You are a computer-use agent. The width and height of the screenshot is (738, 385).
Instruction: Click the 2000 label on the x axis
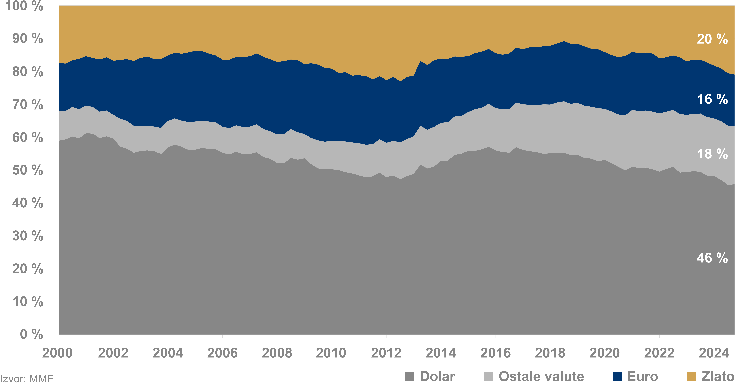click(57, 353)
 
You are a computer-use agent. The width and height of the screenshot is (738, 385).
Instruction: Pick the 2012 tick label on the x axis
click(386, 353)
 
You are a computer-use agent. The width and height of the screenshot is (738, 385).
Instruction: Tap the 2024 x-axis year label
click(714, 353)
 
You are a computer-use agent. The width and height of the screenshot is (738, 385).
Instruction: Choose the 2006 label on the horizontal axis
click(222, 353)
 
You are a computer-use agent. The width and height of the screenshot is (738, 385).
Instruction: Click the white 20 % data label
click(712, 39)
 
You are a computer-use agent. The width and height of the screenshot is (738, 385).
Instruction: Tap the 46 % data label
click(712, 258)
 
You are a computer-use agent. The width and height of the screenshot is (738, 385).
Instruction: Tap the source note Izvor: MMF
click(27, 379)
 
